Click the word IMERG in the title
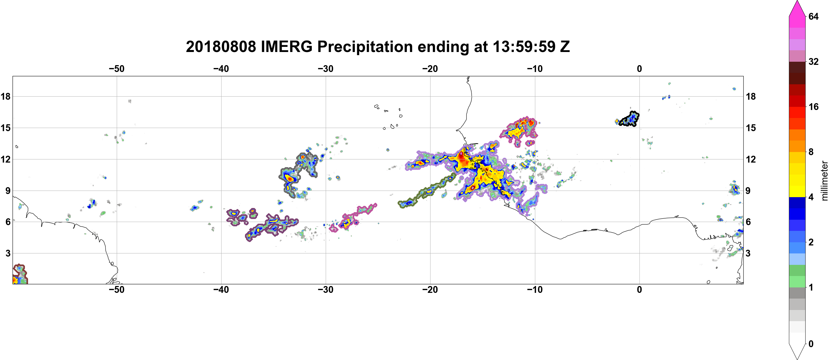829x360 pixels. [286, 47]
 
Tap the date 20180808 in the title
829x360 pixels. [221, 47]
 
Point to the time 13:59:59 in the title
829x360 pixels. [524, 47]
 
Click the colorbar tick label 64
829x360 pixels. [814, 16]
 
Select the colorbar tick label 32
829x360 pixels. [814, 61]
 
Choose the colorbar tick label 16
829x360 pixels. [814, 107]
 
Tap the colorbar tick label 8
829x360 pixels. [811, 152]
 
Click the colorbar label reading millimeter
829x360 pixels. [824, 181]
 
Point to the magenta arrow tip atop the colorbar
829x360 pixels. [797, 1]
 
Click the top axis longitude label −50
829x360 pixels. [116, 69]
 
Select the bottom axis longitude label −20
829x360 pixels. [430, 289]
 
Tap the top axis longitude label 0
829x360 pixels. [639, 69]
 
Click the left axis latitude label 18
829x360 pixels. [5, 96]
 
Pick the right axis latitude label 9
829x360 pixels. [748, 191]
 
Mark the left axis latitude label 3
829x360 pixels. [8, 253]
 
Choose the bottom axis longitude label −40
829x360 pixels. [221, 289]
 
